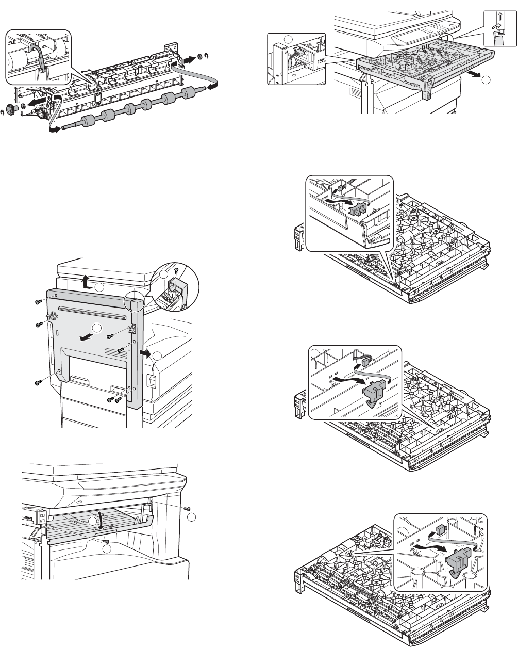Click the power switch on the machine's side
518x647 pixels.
tap(152, 380)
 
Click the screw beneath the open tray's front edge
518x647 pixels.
tap(105, 541)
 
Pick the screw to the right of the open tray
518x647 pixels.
tap(187, 508)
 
